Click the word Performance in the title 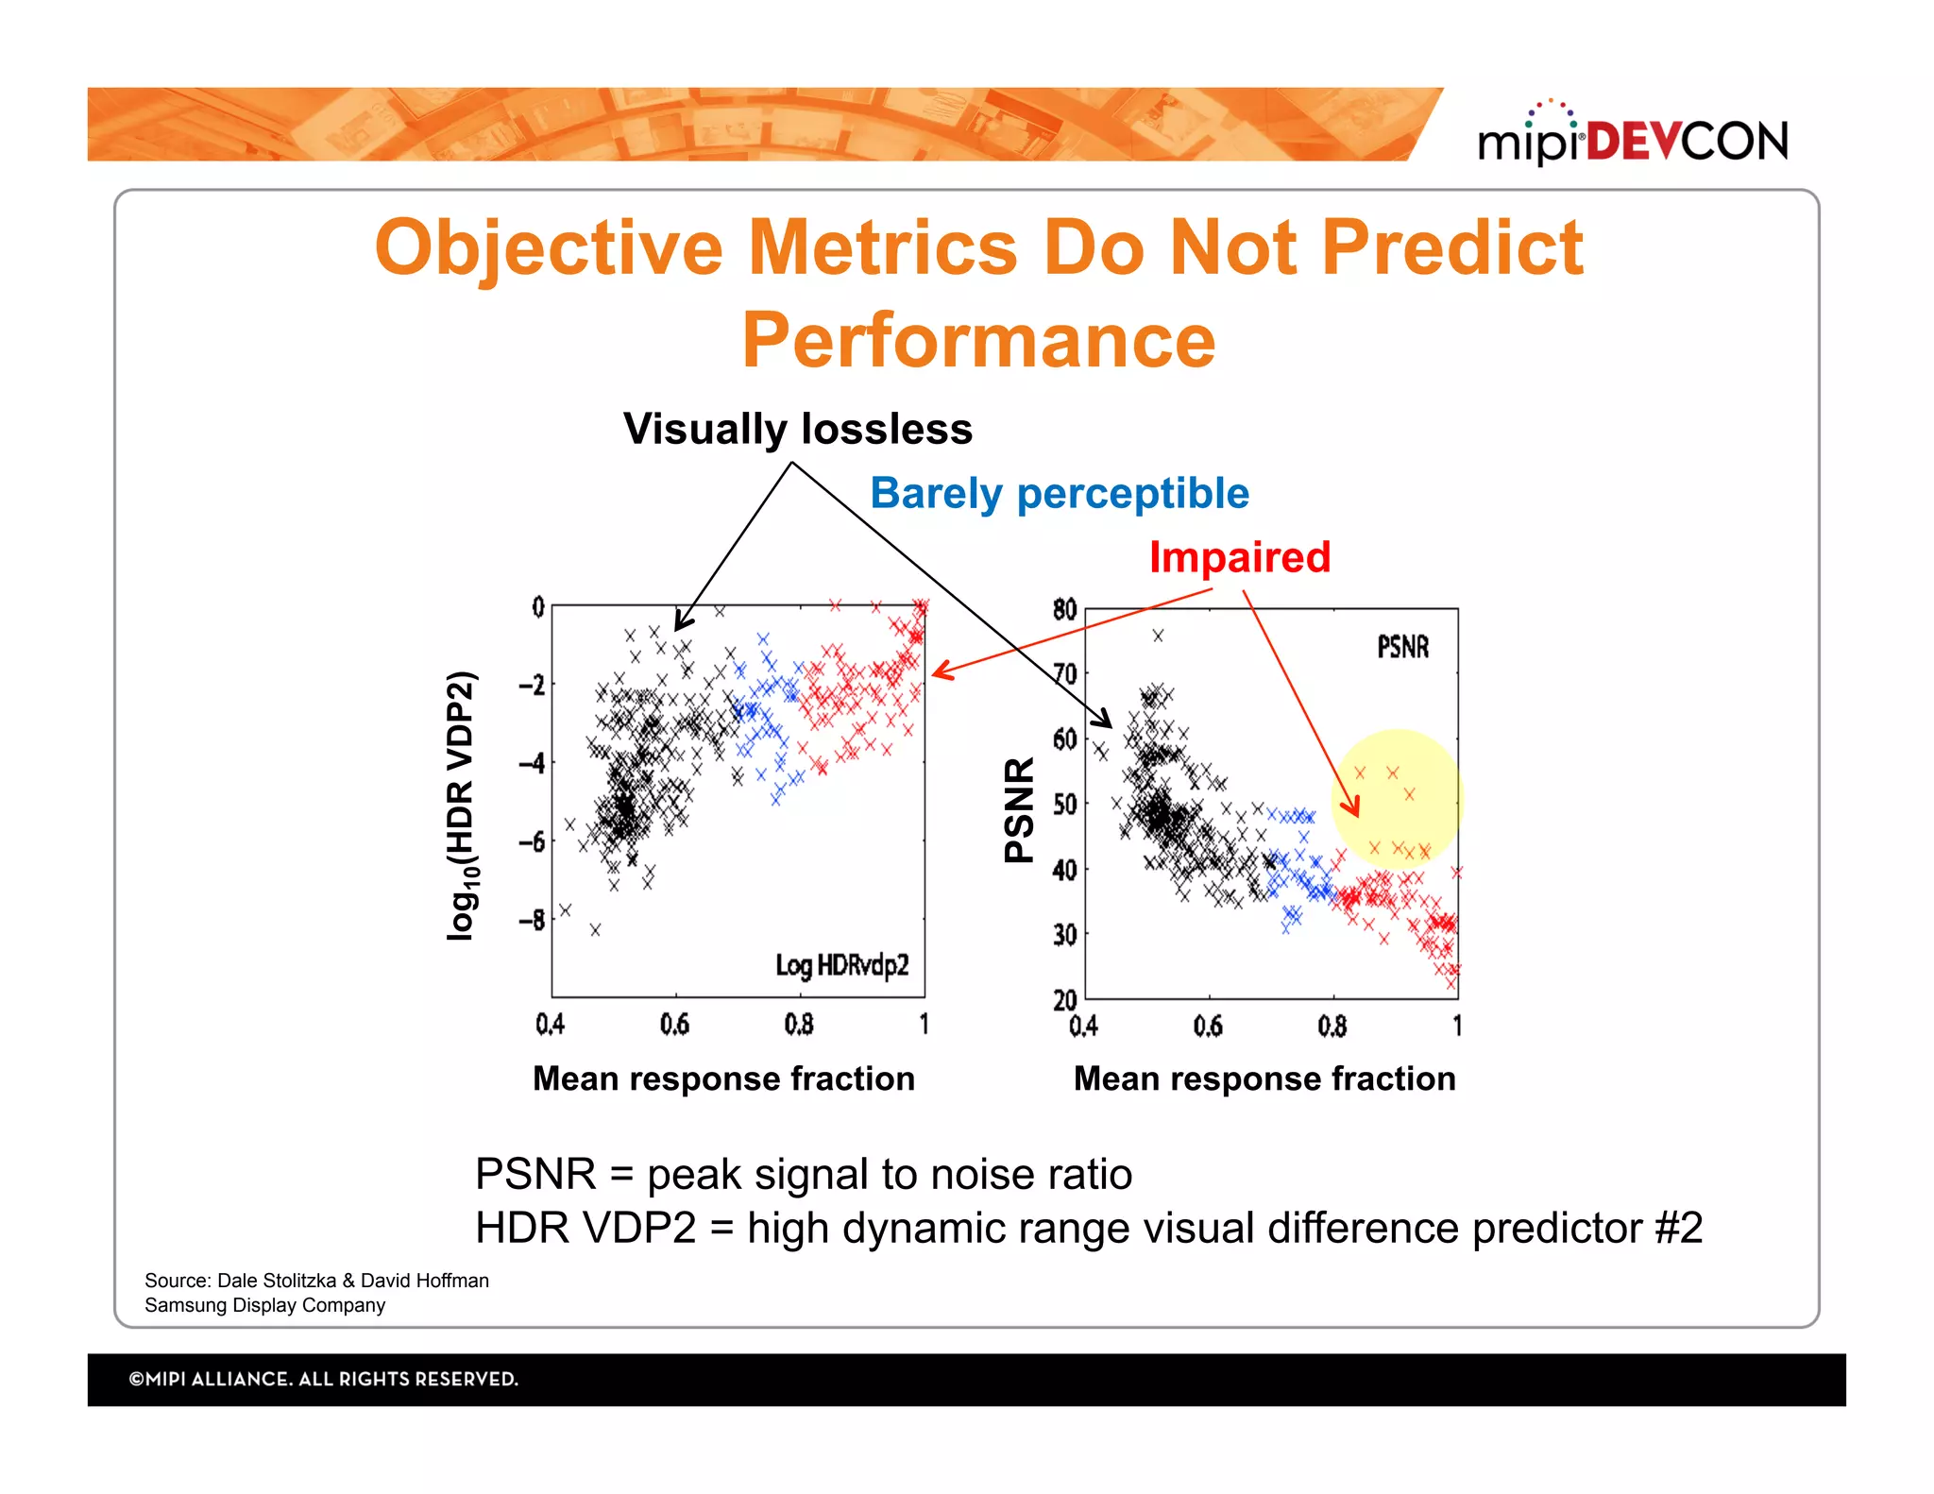click(978, 340)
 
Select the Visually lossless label click(798, 430)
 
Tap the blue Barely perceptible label click(1059, 494)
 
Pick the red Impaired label click(1239, 557)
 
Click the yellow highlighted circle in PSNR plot click(1398, 799)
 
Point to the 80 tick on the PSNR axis click(1064, 609)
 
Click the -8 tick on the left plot click(533, 919)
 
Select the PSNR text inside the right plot click(1402, 648)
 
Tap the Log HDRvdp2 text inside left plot click(841, 965)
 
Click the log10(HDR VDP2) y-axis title click(462, 806)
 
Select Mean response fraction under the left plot click(723, 1078)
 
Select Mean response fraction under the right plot click(1264, 1078)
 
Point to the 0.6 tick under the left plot click(674, 1025)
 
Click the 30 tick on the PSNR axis click(1064, 935)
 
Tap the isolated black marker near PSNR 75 click(1158, 636)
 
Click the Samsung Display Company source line click(264, 1305)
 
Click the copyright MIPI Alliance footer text click(323, 1379)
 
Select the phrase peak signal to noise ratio click(890, 1175)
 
